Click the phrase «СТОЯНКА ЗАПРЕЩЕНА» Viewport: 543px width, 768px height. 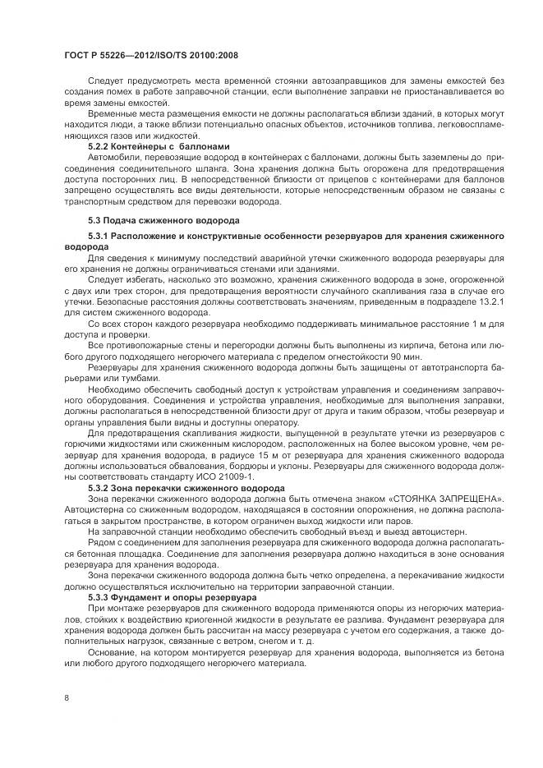(438, 499)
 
